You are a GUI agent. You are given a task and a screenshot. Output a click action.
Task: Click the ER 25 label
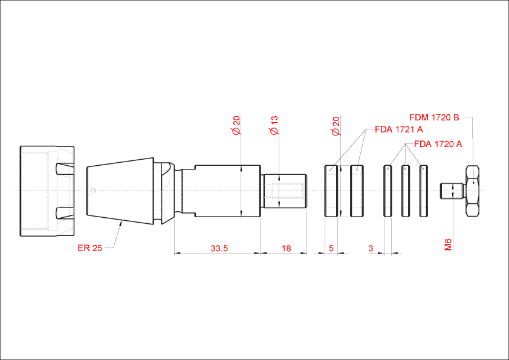[x=90, y=248]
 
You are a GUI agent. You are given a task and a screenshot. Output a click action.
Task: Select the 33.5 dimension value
[x=219, y=248]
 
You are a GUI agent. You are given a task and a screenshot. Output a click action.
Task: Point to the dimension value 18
[x=286, y=248]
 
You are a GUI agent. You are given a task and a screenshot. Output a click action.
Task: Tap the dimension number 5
[x=331, y=248]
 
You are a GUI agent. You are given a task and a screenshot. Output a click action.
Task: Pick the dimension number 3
[x=371, y=248]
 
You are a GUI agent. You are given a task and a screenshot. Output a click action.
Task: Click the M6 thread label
[x=448, y=244]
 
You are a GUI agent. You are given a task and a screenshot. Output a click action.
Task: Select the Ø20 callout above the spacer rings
[x=336, y=125]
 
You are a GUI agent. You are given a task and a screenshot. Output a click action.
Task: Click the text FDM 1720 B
[x=434, y=117]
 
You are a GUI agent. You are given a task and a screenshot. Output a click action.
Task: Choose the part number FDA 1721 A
[x=398, y=129]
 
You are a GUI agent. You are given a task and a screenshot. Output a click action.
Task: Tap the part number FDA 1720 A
[x=438, y=144]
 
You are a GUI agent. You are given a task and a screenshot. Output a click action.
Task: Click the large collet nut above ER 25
[x=47, y=191]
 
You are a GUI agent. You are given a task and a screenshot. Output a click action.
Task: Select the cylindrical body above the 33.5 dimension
[x=227, y=191]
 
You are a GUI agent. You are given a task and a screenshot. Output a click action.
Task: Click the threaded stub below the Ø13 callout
[x=285, y=191]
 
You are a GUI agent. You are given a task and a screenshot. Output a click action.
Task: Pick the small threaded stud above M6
[x=451, y=191]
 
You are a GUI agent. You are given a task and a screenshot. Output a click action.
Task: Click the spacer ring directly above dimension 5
[x=331, y=191]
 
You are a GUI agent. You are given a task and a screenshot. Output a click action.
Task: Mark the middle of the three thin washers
[x=406, y=191]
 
